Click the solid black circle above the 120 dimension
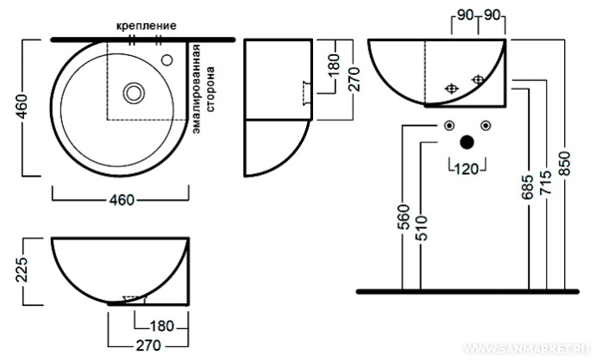click(467, 142)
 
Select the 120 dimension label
click(467, 169)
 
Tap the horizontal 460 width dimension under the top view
click(121, 201)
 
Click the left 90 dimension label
click(467, 16)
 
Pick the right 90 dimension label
click(493, 16)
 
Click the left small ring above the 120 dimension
click(449, 127)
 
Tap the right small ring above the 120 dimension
click(486, 127)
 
